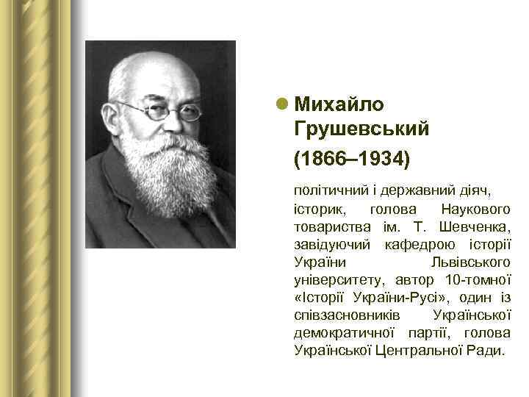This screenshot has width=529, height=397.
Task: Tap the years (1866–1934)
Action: pyautogui.click(x=351, y=158)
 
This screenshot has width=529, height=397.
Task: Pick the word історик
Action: pyautogui.click(x=317, y=209)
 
